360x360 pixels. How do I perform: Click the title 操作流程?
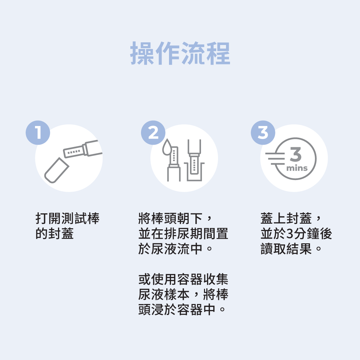[x=180, y=53]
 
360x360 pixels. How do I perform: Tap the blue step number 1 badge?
[x=38, y=132]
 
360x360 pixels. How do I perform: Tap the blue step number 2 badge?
[x=153, y=132]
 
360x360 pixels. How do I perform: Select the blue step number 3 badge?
[x=263, y=132]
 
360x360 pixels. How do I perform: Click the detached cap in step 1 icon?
[x=56, y=170]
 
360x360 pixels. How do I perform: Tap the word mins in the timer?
[x=297, y=168]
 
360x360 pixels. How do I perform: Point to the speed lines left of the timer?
[x=275, y=158]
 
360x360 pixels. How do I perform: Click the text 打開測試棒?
[x=67, y=218]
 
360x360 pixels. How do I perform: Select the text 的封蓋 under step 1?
[x=55, y=233]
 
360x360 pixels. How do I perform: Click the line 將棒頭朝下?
[x=170, y=218]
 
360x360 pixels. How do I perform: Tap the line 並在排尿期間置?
[x=183, y=233]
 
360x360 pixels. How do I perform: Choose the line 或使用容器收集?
[x=183, y=279]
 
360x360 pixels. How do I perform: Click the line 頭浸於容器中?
[x=177, y=309]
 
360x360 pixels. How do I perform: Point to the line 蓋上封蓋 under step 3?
[x=286, y=218]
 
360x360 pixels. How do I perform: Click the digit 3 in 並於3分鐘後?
[x=290, y=234]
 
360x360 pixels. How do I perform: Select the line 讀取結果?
[x=286, y=249]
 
